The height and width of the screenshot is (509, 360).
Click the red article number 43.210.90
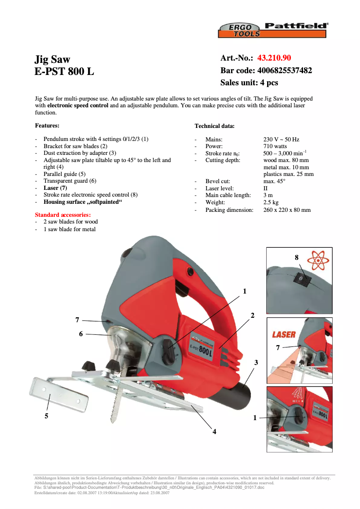(x=274, y=58)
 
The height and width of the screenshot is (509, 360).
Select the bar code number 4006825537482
(x=285, y=70)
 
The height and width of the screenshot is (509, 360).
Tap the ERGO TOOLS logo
(x=239, y=31)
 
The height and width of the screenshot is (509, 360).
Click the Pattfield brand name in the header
(x=295, y=26)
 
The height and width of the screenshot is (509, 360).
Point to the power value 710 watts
(x=275, y=146)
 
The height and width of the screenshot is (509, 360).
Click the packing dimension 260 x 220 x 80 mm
(x=286, y=210)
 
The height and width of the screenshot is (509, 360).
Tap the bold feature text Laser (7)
(x=55, y=188)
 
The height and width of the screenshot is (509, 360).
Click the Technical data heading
(x=214, y=126)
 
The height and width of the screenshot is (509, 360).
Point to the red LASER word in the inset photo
(x=284, y=334)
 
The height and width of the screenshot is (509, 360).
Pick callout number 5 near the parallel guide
(x=46, y=416)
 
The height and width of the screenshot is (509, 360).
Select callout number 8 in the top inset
(x=296, y=258)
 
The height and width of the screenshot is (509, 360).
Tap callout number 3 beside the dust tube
(x=256, y=362)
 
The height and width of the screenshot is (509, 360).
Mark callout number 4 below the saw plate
(x=215, y=431)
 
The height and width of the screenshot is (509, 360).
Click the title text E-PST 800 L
(x=64, y=71)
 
